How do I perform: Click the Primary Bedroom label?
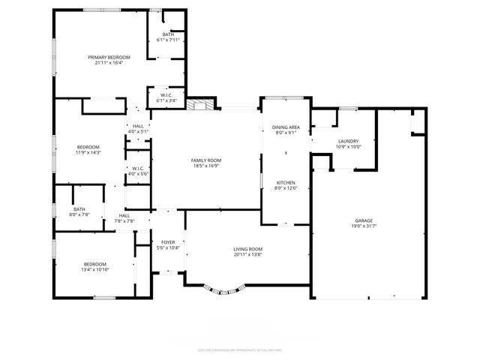[x=109, y=58]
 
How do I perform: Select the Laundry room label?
[x=348, y=141]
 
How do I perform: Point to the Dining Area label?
[x=285, y=127]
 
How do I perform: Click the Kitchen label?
[x=285, y=183]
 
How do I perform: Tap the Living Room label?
[x=247, y=249]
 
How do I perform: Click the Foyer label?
[x=168, y=242]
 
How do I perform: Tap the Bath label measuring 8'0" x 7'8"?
[x=79, y=209]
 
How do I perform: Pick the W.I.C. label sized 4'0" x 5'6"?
[x=138, y=169]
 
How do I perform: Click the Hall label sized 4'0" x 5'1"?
[x=138, y=126]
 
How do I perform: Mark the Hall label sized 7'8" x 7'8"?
[x=124, y=216]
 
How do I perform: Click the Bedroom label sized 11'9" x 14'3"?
[x=88, y=147]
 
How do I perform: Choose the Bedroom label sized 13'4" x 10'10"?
[x=94, y=264]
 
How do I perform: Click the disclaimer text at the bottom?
[x=240, y=349]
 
